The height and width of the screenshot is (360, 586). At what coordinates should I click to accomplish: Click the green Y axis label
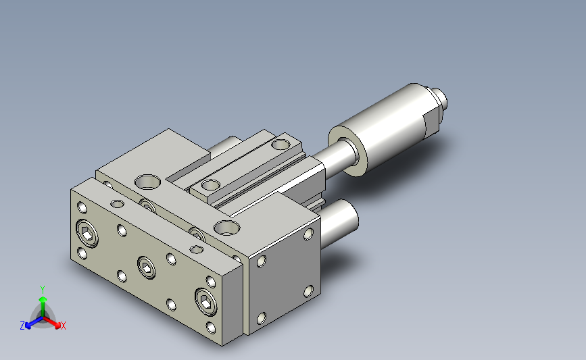pos(43,290)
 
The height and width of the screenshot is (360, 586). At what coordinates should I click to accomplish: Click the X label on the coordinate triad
pos(63,326)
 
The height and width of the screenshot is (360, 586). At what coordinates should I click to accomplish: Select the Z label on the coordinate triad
pos(22,326)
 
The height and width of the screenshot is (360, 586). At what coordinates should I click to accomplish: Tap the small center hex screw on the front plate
pos(147,267)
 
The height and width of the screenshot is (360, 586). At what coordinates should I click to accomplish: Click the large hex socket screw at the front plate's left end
pos(87,234)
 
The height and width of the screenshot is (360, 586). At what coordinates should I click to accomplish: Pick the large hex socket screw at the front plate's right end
pos(206,302)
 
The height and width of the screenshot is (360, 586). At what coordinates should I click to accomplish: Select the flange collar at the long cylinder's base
pos(347,151)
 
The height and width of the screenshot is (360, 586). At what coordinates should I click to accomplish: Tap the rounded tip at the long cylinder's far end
pos(440,101)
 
